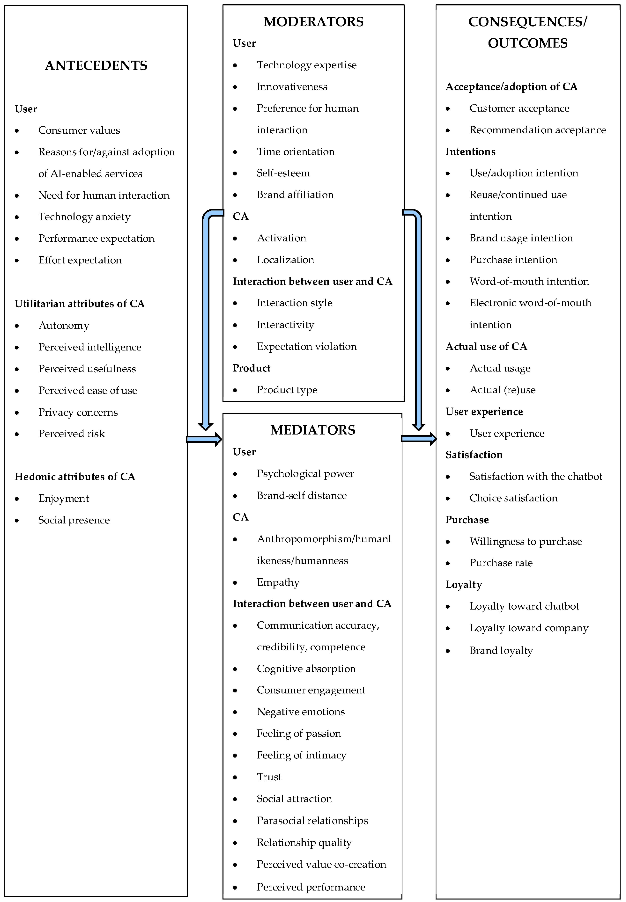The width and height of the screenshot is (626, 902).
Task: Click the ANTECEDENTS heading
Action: point(96,65)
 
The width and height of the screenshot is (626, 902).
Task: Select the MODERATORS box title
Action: point(313,22)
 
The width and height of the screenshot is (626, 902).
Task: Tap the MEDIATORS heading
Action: point(313,430)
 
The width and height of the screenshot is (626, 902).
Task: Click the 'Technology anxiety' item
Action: point(84,217)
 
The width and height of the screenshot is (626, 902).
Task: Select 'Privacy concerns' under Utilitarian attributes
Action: point(78,412)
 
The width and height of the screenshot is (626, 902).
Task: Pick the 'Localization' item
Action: point(286,260)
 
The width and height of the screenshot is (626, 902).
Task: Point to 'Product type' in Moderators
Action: point(287,390)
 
